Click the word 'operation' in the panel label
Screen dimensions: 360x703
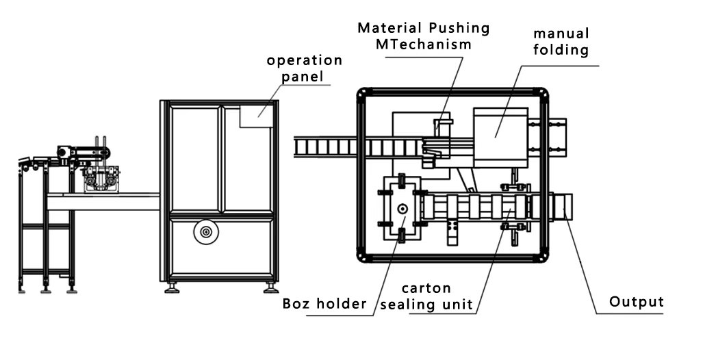[305, 60]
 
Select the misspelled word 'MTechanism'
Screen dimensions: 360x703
[424, 44]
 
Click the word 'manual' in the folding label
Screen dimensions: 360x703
[561, 33]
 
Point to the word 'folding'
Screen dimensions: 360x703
[561, 50]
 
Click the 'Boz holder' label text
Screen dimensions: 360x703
[324, 304]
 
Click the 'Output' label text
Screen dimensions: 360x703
[637, 302]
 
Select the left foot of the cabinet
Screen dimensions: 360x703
[172, 287]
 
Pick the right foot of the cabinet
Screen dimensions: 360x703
[271, 287]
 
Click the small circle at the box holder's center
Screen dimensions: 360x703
[402, 207]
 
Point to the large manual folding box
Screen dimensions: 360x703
[500, 136]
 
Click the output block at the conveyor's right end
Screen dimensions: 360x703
[563, 207]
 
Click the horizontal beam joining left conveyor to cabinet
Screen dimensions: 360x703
[103, 202]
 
